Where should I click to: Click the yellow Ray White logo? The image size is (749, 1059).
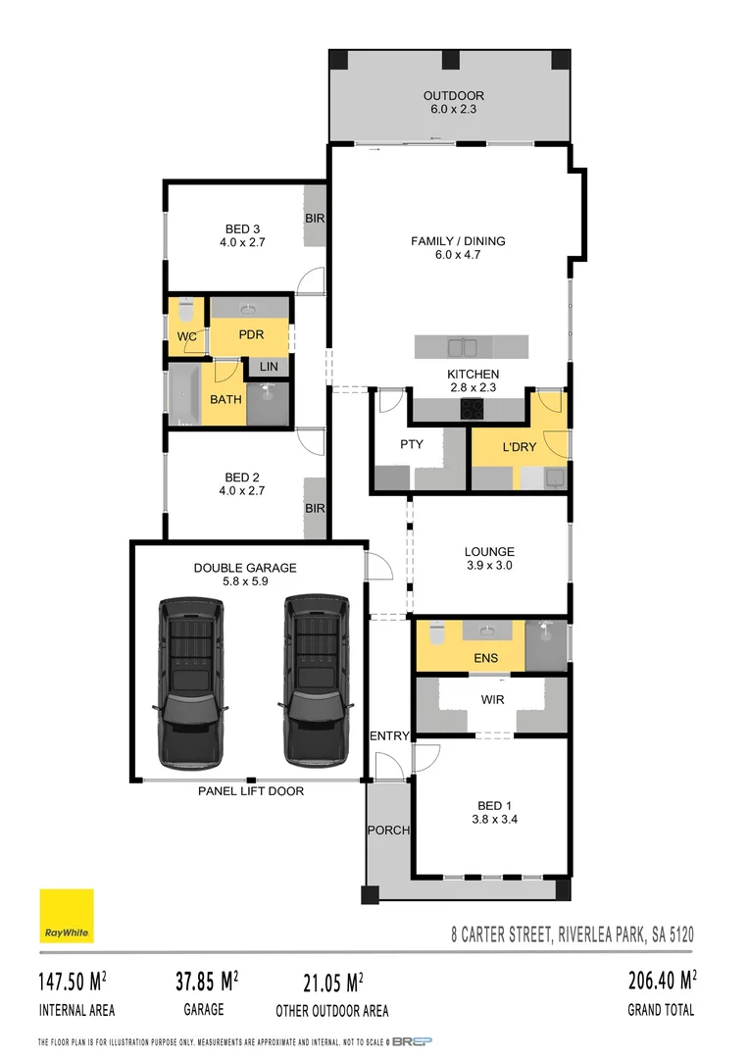pyautogui.click(x=66, y=916)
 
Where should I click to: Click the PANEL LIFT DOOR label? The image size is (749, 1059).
pyautogui.click(x=251, y=791)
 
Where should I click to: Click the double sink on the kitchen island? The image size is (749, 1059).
pyautogui.click(x=463, y=347)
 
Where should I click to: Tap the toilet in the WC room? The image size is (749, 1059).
pyautogui.click(x=184, y=314)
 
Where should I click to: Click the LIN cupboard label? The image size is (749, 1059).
pyautogui.click(x=269, y=367)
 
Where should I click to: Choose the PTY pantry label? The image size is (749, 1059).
pyautogui.click(x=411, y=444)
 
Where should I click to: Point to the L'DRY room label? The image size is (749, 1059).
pyautogui.click(x=519, y=447)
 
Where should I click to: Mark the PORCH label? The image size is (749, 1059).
pyautogui.click(x=388, y=830)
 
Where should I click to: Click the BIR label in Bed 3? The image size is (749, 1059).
pyautogui.click(x=315, y=218)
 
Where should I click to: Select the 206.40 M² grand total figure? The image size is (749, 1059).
pyautogui.click(x=662, y=980)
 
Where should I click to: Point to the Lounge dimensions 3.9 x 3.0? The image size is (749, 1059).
pyautogui.click(x=489, y=566)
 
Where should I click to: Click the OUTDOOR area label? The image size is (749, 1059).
pyautogui.click(x=453, y=95)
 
